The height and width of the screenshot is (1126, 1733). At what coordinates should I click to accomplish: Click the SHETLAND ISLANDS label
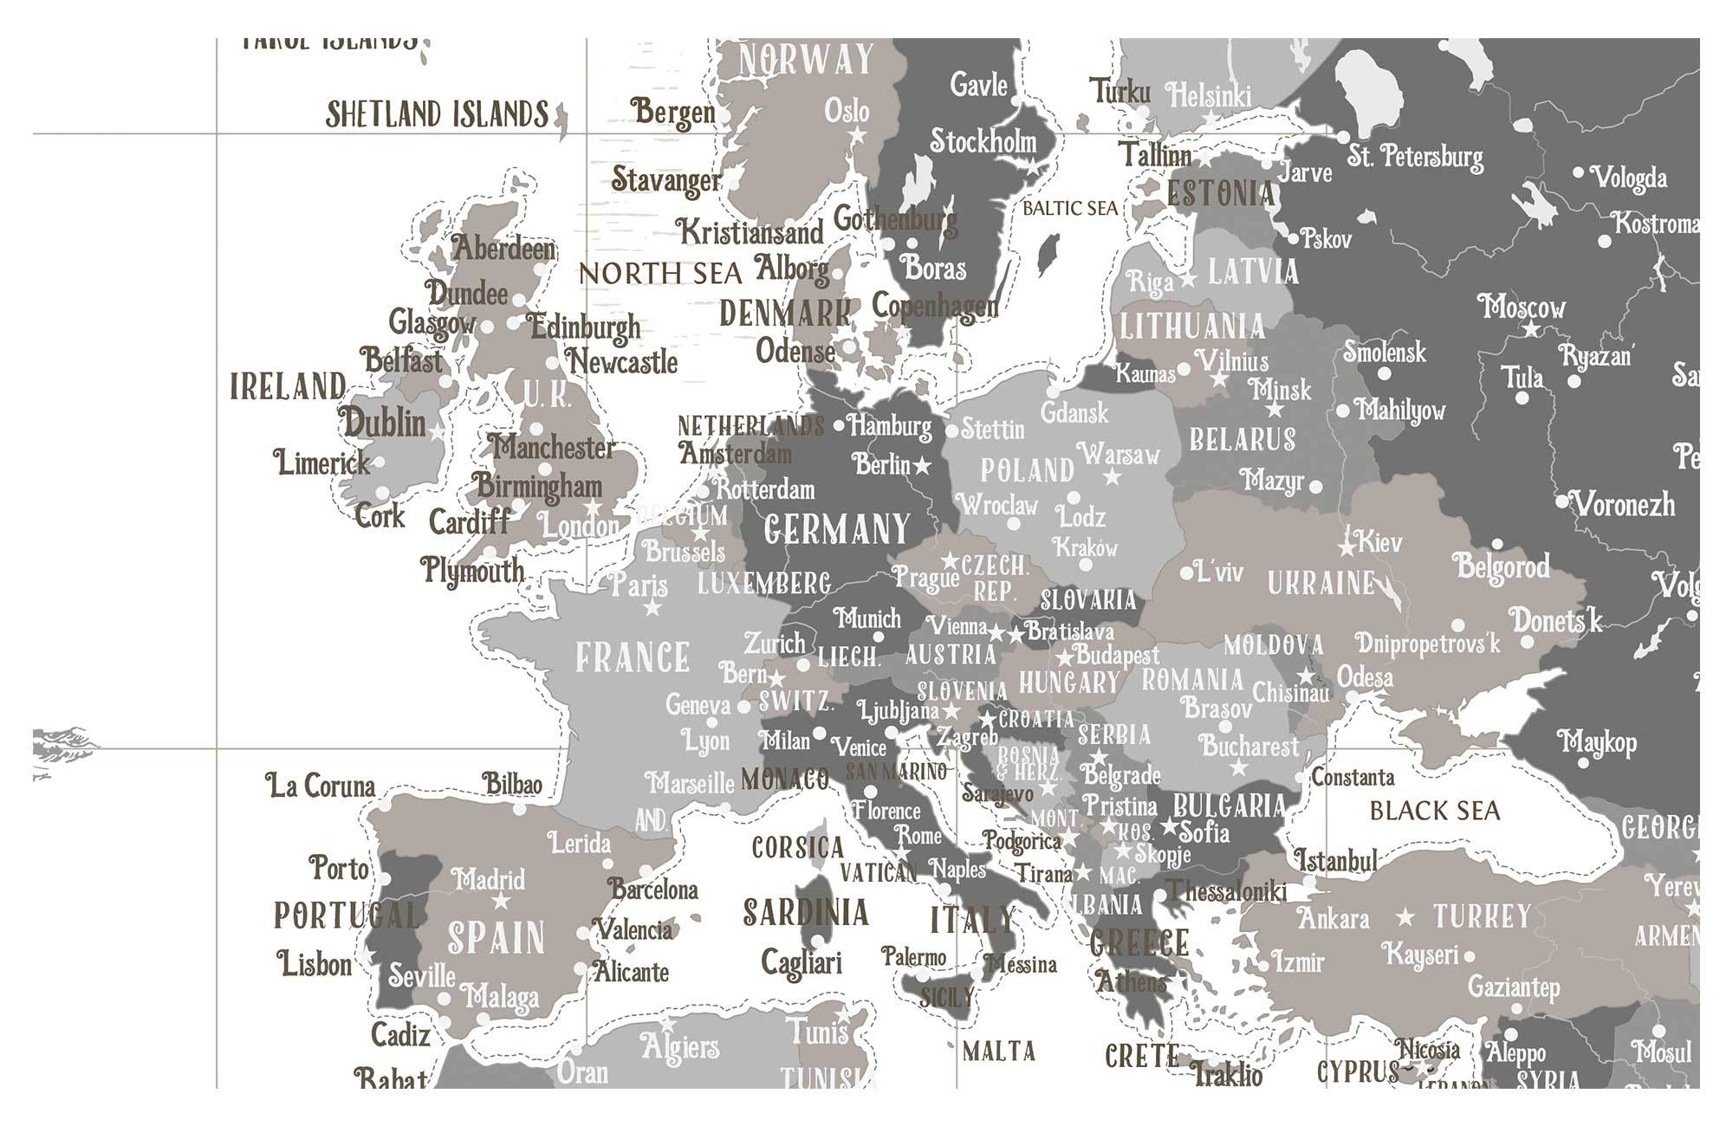coord(437,114)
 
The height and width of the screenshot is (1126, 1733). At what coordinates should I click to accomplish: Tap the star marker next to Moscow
coord(1532,329)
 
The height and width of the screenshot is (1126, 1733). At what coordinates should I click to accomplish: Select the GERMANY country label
coord(837,529)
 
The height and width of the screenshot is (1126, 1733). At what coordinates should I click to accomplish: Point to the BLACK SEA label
coord(1434,812)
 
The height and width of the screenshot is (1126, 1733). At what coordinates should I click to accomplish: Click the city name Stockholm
coord(983,141)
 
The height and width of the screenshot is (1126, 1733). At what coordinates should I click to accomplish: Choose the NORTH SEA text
coord(660,274)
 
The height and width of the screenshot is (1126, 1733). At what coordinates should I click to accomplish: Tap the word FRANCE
coord(633,657)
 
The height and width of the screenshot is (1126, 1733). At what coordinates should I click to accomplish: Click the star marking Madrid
coord(501,903)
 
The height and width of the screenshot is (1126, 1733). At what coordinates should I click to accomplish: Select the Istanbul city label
coord(1335,860)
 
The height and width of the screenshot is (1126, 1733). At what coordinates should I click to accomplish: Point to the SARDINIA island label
coord(806,913)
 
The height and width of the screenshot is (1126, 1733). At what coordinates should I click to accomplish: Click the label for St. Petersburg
coord(1415,157)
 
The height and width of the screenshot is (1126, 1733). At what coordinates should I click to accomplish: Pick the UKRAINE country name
coord(1321,584)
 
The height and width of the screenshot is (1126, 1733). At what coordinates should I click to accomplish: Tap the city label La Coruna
coord(321,786)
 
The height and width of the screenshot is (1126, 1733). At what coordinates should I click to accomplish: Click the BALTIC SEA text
coord(1070,209)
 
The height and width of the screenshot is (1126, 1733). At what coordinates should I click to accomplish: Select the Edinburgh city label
coord(585,327)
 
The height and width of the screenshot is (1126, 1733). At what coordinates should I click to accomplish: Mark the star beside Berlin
coord(922,467)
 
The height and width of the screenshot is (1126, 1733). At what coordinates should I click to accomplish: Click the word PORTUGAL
coord(347,916)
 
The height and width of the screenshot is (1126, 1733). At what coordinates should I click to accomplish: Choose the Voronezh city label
coord(1624,504)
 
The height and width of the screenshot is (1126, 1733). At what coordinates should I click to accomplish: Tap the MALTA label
coord(999,1052)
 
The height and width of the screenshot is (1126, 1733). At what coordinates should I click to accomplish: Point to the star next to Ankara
coord(1405,917)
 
